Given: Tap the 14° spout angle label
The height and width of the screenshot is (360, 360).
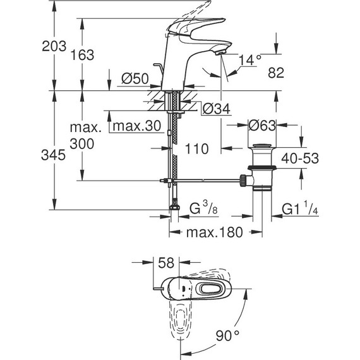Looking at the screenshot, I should coord(251,60).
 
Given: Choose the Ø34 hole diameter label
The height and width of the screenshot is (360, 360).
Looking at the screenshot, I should coord(215,109).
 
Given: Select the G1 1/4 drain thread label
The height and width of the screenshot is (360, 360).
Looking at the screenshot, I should coord(299,208).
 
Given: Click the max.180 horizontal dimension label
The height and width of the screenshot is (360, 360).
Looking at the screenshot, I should coord(215,232).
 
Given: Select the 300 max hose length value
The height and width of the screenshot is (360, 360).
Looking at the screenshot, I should coord(82,144).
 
